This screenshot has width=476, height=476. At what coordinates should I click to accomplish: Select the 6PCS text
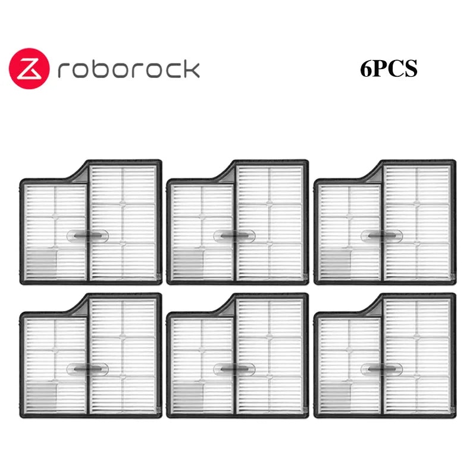(x=389, y=69)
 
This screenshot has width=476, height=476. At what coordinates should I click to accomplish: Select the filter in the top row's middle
(x=237, y=221)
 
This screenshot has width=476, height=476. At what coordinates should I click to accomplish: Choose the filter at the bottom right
(x=384, y=356)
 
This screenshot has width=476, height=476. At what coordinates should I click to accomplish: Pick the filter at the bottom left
(x=90, y=356)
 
